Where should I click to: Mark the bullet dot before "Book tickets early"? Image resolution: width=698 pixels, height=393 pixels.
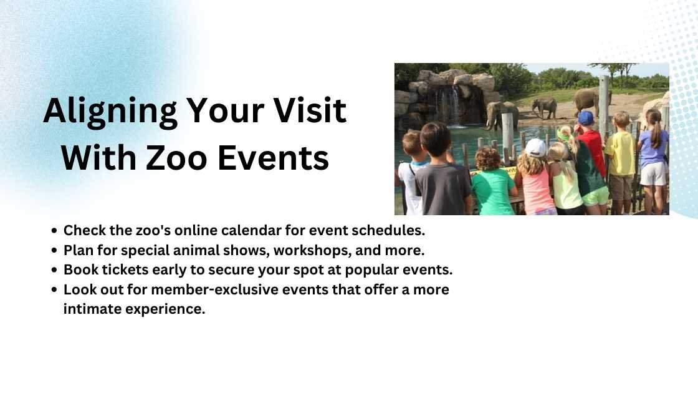point(55,271)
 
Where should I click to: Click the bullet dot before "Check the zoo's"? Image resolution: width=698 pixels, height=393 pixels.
point(55,231)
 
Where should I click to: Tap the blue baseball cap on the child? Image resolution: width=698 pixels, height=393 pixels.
point(585,118)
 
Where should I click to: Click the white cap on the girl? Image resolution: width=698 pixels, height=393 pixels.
point(535,147)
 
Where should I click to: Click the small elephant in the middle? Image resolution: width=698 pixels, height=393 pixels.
point(544,107)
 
